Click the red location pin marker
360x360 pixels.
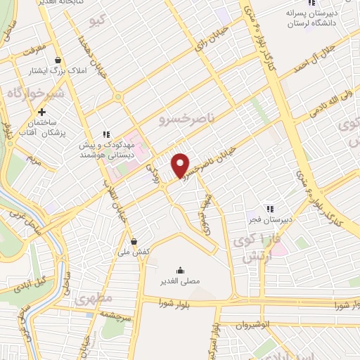click(181, 165)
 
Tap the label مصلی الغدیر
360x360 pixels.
click(181, 281)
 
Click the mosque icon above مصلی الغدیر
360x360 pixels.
click(181, 269)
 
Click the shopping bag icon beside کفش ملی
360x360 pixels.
click(134, 241)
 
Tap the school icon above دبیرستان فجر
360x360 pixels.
click(269, 208)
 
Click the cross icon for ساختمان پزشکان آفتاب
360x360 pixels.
click(42, 112)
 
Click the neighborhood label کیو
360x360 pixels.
click(98, 22)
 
